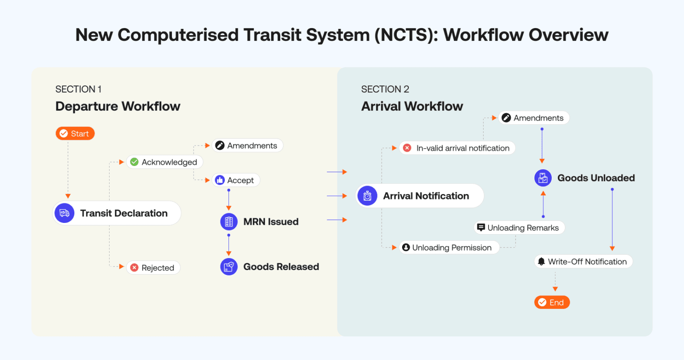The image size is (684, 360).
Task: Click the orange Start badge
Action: tap(75, 133)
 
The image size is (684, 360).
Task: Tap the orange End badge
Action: tap(552, 303)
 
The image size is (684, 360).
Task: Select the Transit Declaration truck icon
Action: tap(65, 213)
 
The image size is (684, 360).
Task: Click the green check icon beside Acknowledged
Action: tap(134, 162)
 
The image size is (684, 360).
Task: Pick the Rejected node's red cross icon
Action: tap(134, 267)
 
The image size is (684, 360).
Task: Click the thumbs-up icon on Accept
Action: tap(220, 180)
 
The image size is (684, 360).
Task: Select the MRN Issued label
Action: tap(271, 222)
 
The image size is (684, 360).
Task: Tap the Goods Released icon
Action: tap(229, 267)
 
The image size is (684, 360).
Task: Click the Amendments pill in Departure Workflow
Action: tap(247, 146)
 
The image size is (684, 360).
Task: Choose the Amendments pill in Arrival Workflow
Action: tap(533, 118)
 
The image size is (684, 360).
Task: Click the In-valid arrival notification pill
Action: tap(457, 148)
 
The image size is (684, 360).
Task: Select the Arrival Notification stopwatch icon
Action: tap(367, 196)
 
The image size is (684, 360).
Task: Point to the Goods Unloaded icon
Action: tap(543, 178)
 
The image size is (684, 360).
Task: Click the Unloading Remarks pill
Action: tap(519, 228)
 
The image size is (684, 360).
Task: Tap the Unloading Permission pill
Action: tap(449, 247)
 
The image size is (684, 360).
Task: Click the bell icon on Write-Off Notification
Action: tap(541, 262)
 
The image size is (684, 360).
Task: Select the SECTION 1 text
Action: tap(78, 89)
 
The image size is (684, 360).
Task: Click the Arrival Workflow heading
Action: tap(412, 106)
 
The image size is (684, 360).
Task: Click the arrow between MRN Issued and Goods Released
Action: tap(229, 245)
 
